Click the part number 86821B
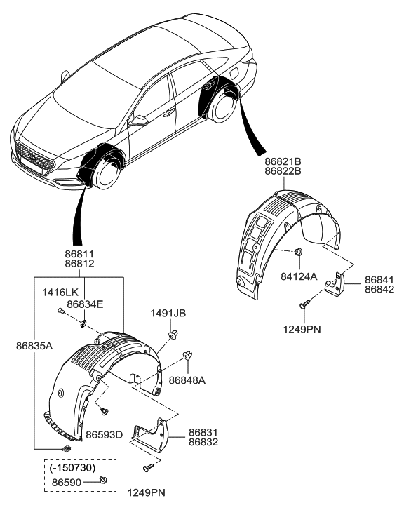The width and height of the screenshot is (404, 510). [x=283, y=161]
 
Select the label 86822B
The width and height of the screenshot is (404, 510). [x=283, y=170]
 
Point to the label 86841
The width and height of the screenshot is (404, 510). [x=379, y=279]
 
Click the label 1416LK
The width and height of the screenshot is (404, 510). [x=60, y=290]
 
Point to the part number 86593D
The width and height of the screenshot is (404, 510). [x=105, y=435]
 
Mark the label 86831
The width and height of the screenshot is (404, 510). [x=203, y=433]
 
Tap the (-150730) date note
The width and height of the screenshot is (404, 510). [x=74, y=465]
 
